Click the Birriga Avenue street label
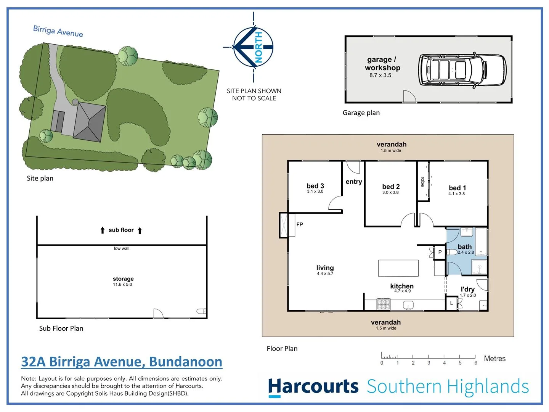tap(58, 31)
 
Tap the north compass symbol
tap(254, 47)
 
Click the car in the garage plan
tap(462, 69)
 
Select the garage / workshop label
tap(382, 64)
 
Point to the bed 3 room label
tap(315, 186)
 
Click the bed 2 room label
tap(391, 187)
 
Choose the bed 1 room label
tap(457, 188)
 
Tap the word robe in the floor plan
tap(422, 182)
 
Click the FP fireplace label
tap(300, 225)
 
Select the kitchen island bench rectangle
tap(398, 268)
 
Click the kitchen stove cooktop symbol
tap(384, 304)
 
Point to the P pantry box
tap(440, 252)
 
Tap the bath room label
tap(464, 247)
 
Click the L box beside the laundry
tap(451, 304)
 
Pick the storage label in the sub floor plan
tap(123, 279)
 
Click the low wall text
tap(122, 248)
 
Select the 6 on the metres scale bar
tap(475, 363)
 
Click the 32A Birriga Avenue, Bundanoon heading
tap(122, 362)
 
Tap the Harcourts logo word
tap(313, 386)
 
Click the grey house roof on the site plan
tap(90, 122)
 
